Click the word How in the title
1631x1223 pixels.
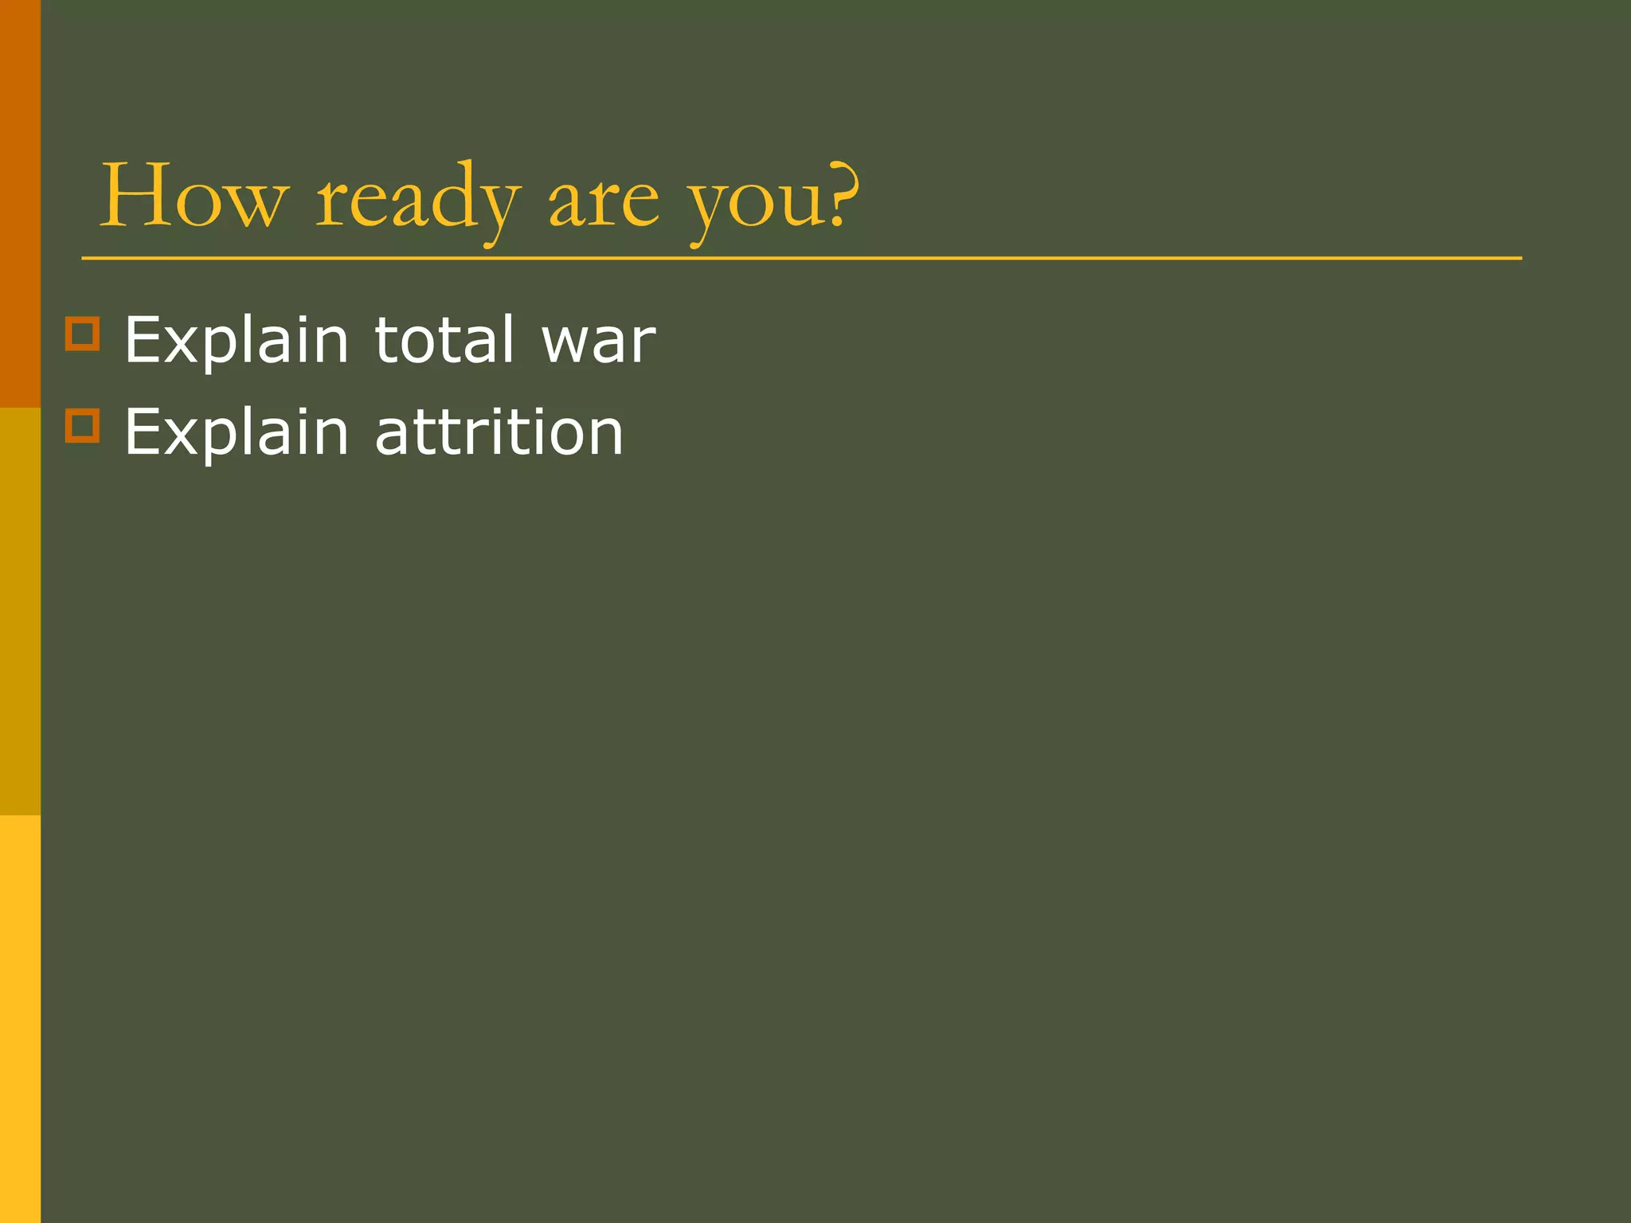191,197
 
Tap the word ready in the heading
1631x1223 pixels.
417,199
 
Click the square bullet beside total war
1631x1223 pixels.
82,334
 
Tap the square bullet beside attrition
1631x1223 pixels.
82,425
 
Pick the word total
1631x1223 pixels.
444,340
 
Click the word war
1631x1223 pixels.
598,342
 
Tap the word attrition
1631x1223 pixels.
499,432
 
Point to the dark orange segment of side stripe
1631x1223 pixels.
20,203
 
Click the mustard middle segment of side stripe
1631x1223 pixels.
20,611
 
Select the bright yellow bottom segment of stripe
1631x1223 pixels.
20,1019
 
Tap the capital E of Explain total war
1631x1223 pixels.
143,340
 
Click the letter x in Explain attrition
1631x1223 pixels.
182,436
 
